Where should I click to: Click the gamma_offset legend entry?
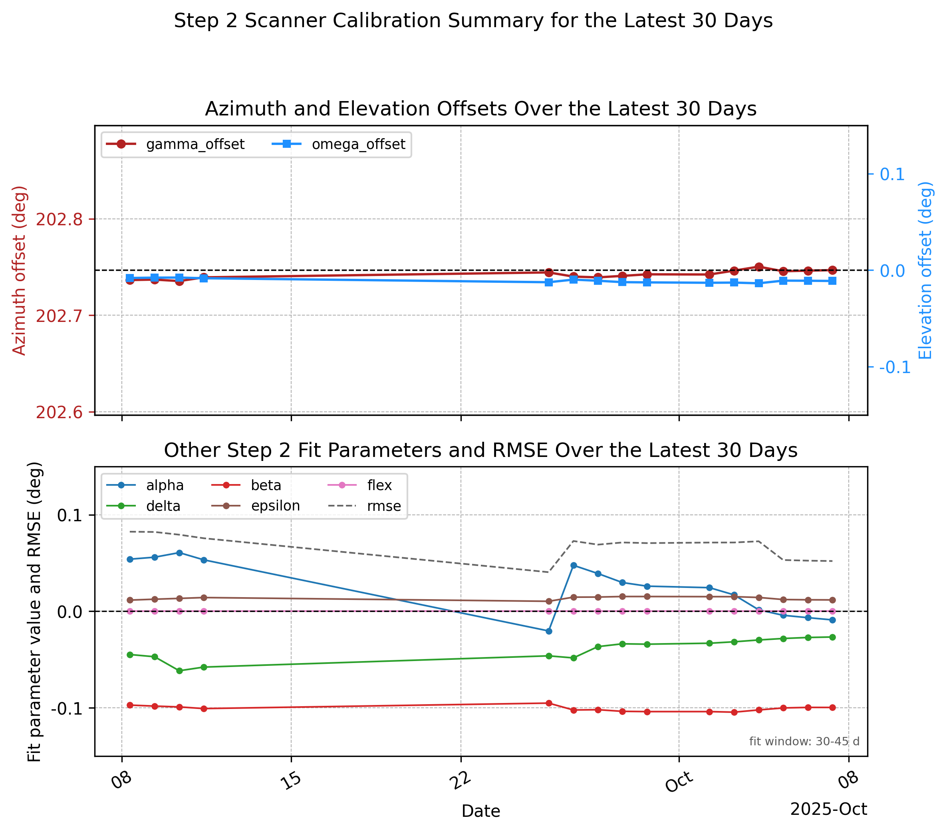click(x=175, y=145)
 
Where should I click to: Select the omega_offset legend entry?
click(x=339, y=145)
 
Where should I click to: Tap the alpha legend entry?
click(x=145, y=485)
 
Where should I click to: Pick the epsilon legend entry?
click(x=256, y=506)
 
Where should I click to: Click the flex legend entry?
click(x=359, y=485)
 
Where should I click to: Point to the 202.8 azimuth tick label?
click(x=59, y=220)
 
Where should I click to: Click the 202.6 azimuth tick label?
click(x=59, y=412)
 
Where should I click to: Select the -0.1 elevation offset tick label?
click(x=895, y=367)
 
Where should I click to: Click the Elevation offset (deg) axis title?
click(x=925, y=270)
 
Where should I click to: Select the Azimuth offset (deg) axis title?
click(x=19, y=270)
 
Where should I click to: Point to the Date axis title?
click(x=481, y=811)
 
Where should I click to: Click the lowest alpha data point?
click(x=549, y=631)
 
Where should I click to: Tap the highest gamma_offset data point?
click(x=759, y=267)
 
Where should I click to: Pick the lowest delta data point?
click(x=179, y=671)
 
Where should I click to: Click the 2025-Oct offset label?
click(x=828, y=809)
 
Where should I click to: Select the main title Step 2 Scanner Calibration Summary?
click(x=473, y=21)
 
